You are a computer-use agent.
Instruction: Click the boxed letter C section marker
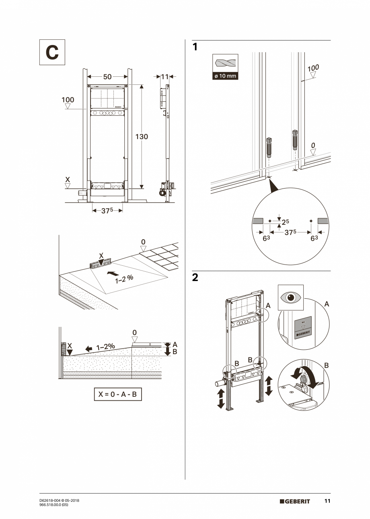pyautogui.click(x=52, y=52)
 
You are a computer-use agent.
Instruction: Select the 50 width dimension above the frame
pyautogui.click(x=107, y=77)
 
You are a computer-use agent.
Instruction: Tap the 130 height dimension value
pyautogui.click(x=141, y=137)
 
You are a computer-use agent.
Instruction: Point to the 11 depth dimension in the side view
pyautogui.click(x=165, y=76)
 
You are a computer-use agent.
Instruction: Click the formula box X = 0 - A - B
pyautogui.click(x=118, y=394)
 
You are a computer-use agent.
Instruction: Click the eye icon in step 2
pyautogui.click(x=290, y=297)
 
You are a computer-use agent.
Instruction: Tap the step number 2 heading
pyautogui.click(x=195, y=278)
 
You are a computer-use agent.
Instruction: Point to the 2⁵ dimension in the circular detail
pyautogui.click(x=285, y=222)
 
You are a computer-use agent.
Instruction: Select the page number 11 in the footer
pyautogui.click(x=327, y=501)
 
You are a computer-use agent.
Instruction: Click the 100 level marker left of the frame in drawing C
pyautogui.click(x=68, y=100)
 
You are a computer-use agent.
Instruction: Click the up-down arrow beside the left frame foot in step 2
pyautogui.click(x=221, y=398)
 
